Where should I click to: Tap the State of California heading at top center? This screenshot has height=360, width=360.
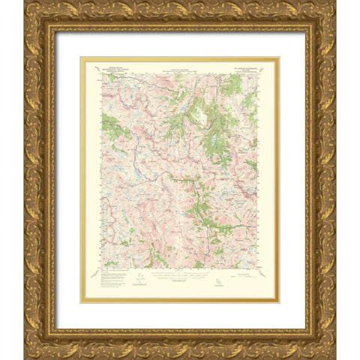[x=178, y=66]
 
